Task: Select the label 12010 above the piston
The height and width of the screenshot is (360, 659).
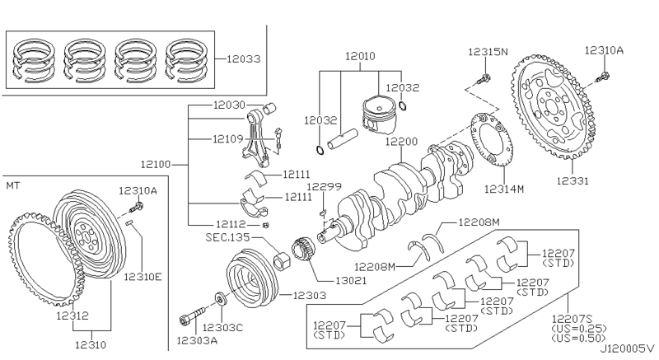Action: tap(360, 56)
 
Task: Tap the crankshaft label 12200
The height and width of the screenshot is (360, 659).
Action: tap(402, 142)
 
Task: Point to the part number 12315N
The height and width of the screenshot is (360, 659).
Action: tap(488, 53)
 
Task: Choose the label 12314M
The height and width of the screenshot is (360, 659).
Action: tap(504, 189)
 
